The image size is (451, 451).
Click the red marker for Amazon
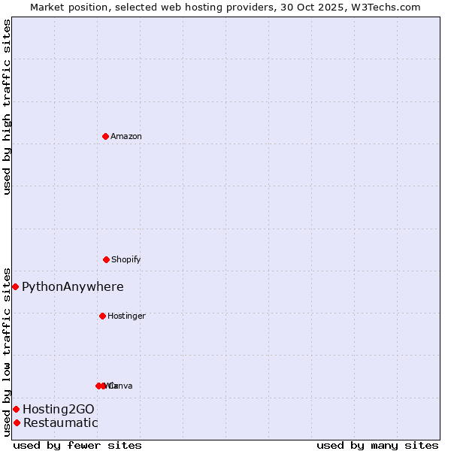tap(105, 136)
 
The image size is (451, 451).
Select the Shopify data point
tap(106, 259)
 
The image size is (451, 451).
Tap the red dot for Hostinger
tap(102, 316)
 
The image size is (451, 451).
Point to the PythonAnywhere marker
tap(15, 286)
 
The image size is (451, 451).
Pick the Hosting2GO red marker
tap(16, 409)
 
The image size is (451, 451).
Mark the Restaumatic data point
tap(17, 422)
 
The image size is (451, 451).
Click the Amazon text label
tap(126, 136)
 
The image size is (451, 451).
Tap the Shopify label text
tap(126, 259)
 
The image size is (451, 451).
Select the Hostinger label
tap(126, 316)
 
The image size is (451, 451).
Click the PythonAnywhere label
tap(73, 286)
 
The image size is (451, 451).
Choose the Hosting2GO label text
tap(59, 409)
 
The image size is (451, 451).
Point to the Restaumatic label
tap(61, 422)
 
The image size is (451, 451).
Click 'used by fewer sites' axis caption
tap(77, 445)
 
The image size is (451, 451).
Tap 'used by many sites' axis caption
tap(377, 445)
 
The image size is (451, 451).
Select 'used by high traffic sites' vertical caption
tap(7, 107)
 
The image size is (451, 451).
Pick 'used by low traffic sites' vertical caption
tap(7, 351)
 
